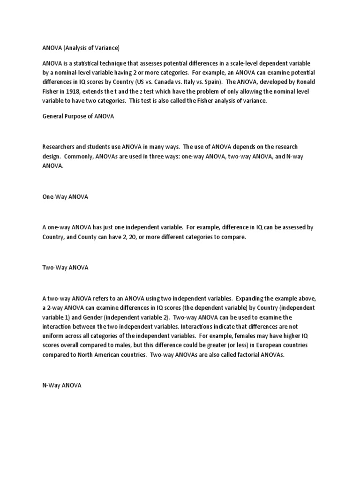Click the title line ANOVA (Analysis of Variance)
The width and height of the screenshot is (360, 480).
click(x=81, y=48)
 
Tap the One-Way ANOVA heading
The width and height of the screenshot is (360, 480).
click(x=65, y=197)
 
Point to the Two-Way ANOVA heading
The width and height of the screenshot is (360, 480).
click(x=65, y=268)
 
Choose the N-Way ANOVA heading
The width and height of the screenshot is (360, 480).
click(x=62, y=385)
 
